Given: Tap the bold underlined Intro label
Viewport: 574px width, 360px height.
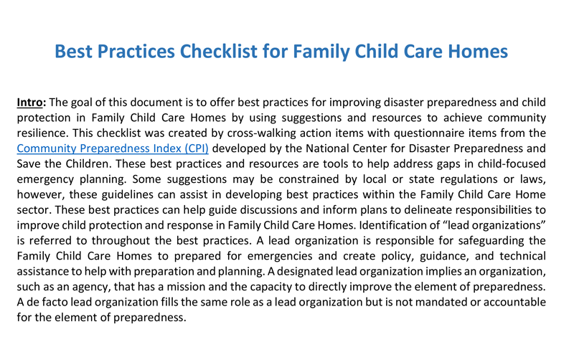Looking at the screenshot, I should (31, 102).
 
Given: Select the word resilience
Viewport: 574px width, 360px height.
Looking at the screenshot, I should (45, 134).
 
